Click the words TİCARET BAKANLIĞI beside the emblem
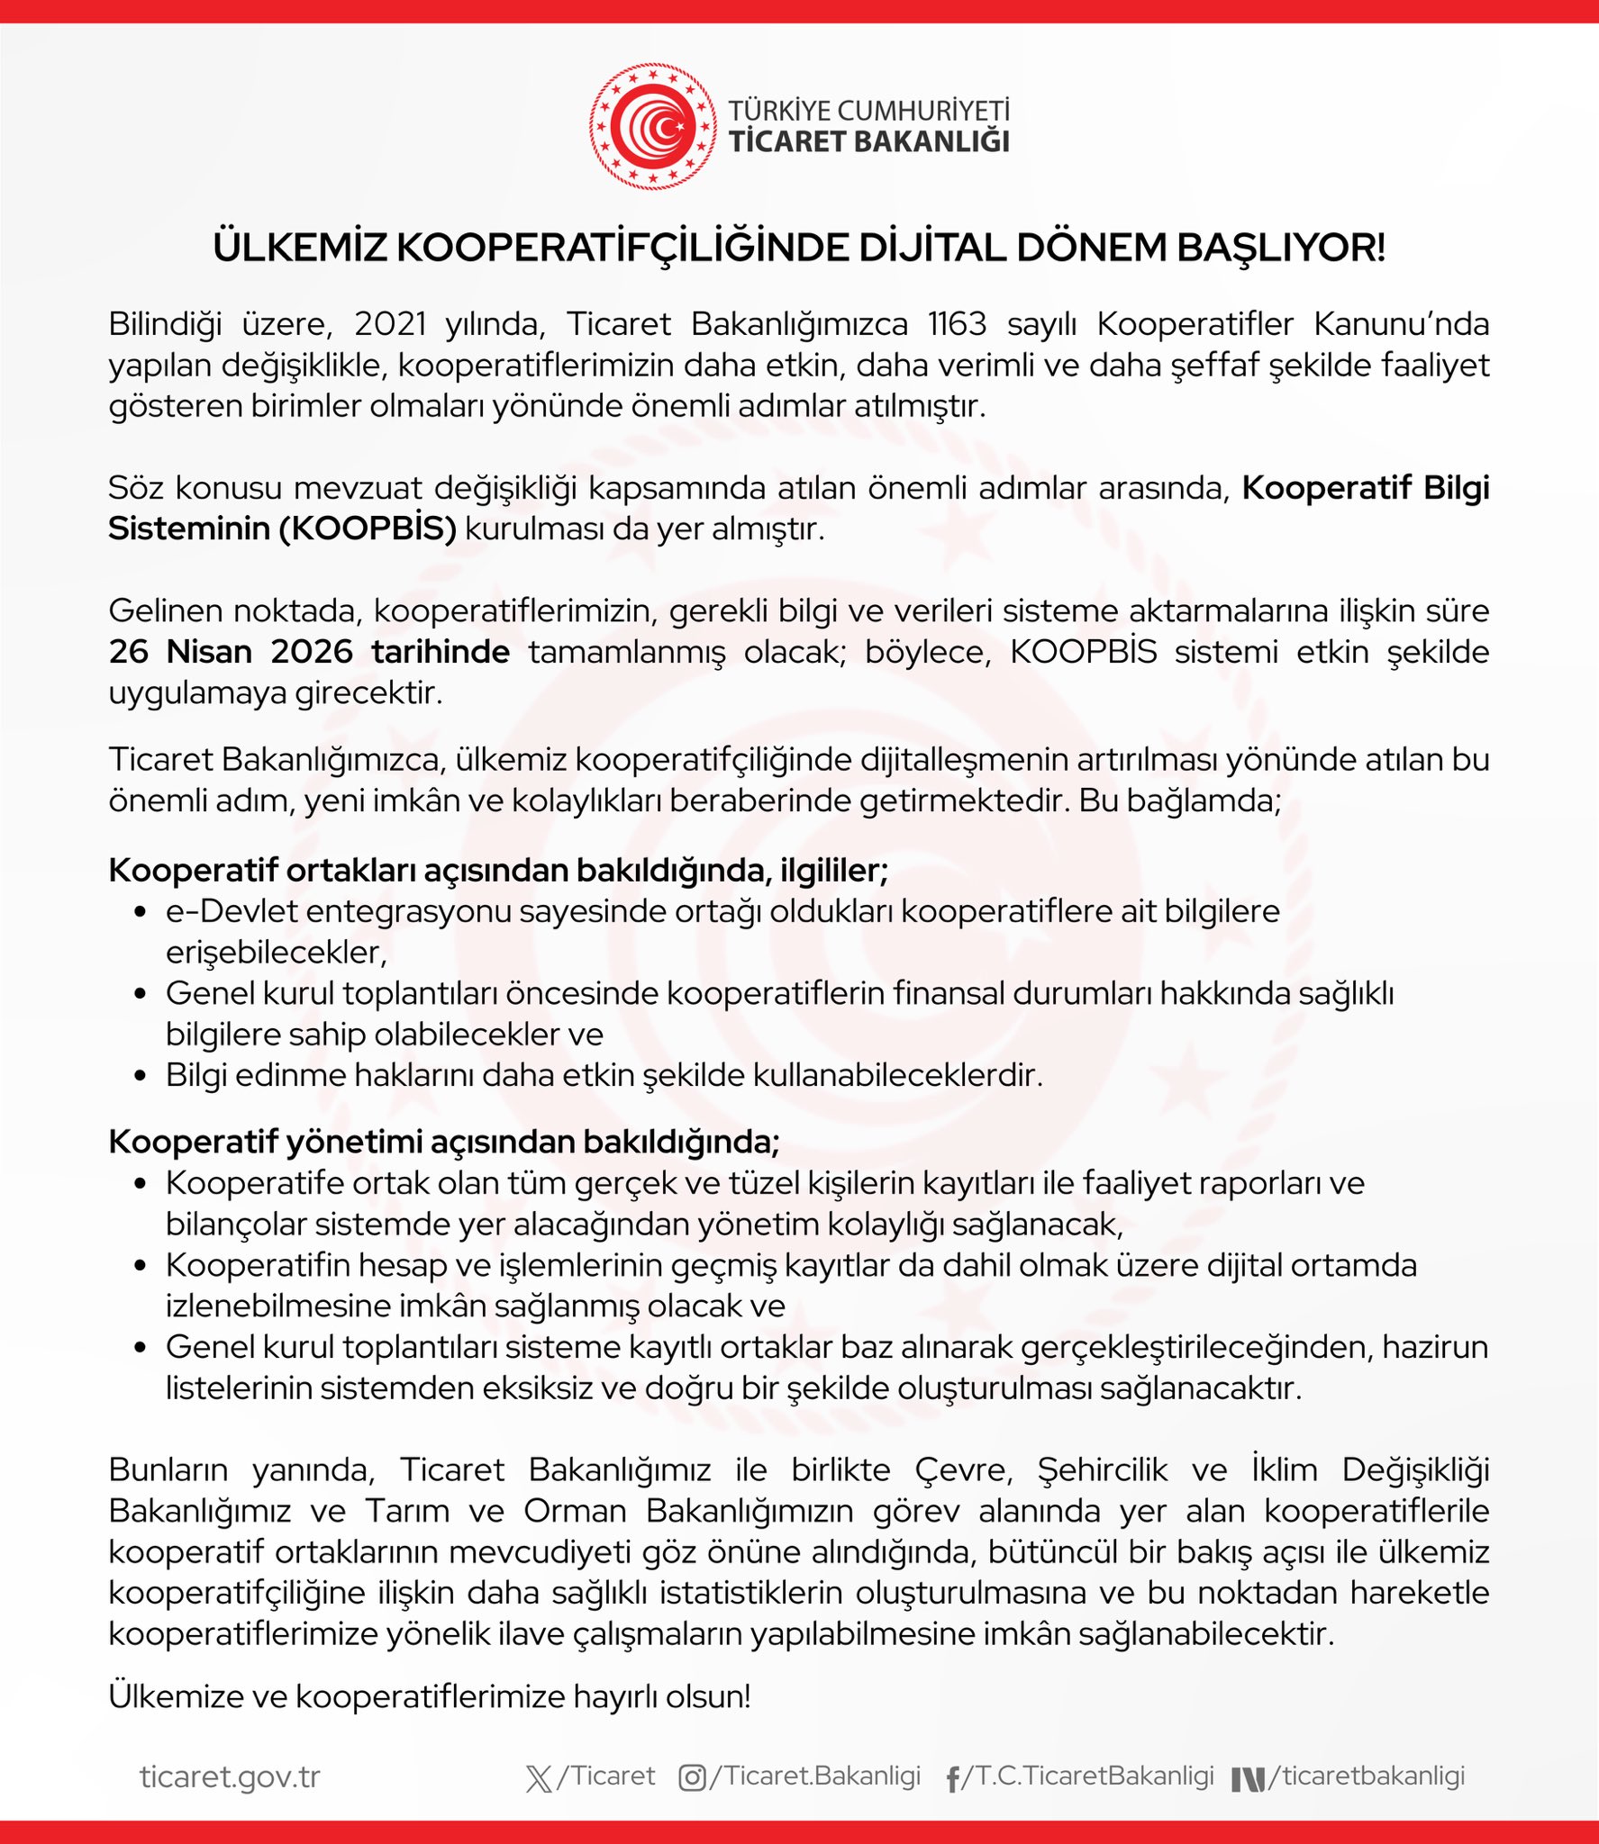868,141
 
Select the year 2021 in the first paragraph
390,323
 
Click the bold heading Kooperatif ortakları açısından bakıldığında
497,870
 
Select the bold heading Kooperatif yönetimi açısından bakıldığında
443,1141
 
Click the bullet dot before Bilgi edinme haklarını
140,1076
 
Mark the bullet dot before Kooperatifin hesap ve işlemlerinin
140,1265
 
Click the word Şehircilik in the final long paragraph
1102,1469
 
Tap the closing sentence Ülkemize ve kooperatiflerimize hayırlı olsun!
429,1696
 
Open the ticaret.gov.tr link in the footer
230,1776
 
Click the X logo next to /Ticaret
539,1778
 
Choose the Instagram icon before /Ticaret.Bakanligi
692,1777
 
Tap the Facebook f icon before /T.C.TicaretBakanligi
952,1779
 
